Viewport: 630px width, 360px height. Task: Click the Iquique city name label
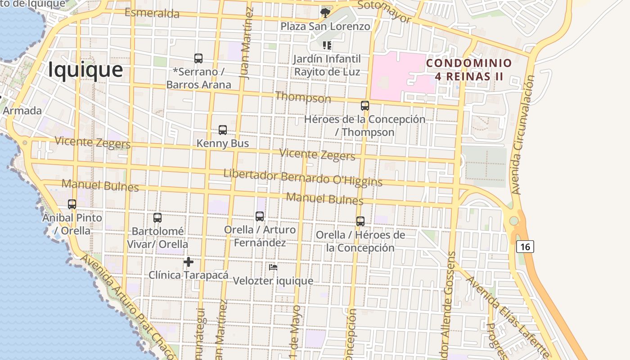85,70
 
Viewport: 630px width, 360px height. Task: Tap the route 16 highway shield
525,247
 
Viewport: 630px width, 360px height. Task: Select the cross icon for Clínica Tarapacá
189,261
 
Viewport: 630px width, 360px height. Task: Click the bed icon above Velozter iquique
273,267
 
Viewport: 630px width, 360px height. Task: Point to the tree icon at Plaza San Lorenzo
324,13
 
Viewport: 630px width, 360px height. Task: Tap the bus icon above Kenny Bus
223,130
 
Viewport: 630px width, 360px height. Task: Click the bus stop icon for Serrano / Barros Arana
198,58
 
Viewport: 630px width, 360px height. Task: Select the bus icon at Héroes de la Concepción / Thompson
365,106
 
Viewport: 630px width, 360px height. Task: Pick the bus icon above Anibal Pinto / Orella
72,204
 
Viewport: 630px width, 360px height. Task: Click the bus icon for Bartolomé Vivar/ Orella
157,218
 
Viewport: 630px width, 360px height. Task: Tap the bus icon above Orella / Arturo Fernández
260,216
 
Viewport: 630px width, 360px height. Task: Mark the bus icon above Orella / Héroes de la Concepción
360,221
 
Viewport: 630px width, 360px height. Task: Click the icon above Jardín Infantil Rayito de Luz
327,45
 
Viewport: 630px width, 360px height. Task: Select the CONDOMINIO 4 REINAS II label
469,70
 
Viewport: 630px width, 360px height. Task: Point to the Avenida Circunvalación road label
523,135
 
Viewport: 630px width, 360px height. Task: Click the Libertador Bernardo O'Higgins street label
303,177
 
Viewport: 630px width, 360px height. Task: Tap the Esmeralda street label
152,13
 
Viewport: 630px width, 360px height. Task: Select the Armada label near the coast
22,111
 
